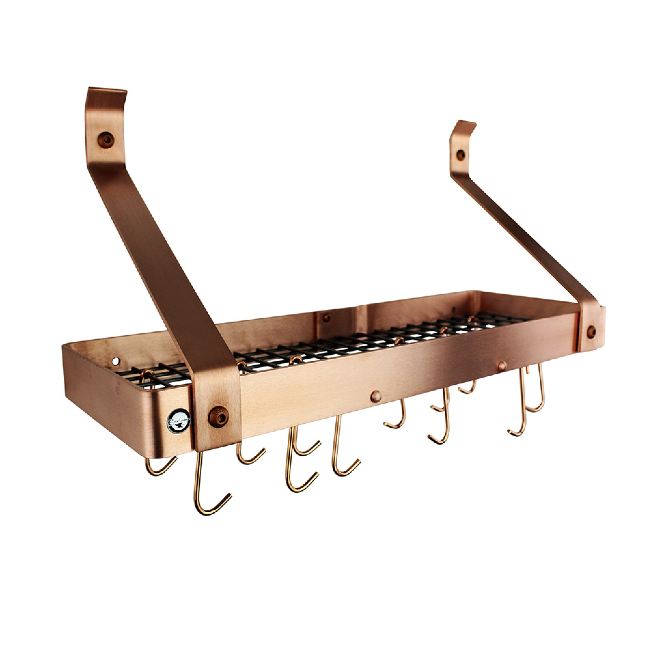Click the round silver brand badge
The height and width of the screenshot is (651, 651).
178,421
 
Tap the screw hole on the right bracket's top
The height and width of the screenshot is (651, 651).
460,155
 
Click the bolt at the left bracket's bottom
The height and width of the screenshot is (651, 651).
218,417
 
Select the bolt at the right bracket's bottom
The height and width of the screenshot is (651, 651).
591,332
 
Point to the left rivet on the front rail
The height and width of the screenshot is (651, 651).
376,396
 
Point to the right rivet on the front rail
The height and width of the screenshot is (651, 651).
502,366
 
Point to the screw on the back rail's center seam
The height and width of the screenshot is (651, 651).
326,317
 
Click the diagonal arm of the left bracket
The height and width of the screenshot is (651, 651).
159,256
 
